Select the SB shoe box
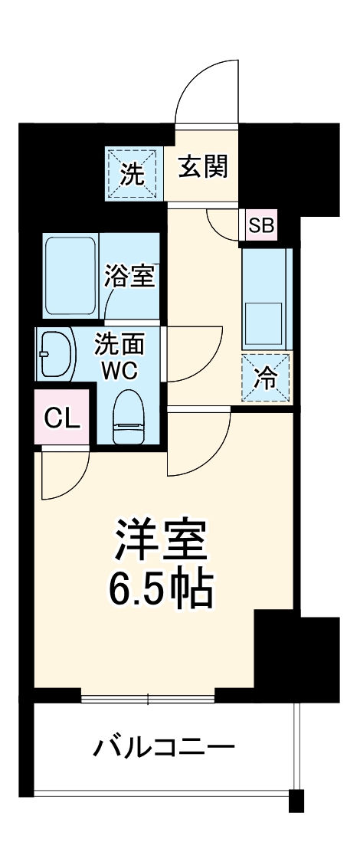[260, 226]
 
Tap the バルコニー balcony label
[164, 746]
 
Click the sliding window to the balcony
[148, 697]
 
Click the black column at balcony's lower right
[296, 800]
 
